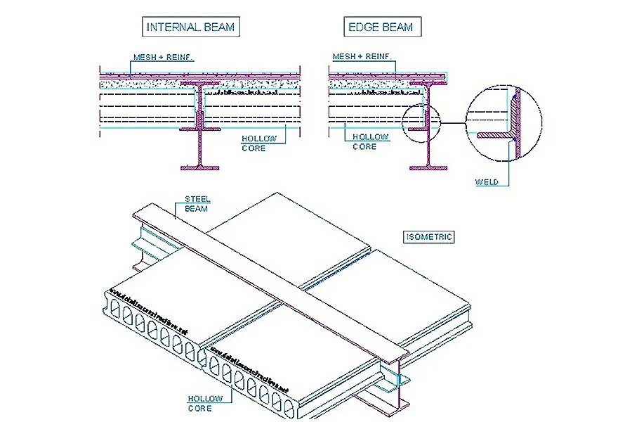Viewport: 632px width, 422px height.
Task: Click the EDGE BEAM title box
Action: point(381,27)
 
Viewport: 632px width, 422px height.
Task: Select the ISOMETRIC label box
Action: point(429,237)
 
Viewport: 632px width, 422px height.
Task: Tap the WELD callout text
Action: point(487,182)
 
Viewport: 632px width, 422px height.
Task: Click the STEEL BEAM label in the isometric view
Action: point(197,204)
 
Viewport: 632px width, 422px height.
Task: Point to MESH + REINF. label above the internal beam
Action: point(164,57)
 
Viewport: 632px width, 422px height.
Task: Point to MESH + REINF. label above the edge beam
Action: point(362,57)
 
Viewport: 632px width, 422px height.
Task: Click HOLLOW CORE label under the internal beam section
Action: point(259,143)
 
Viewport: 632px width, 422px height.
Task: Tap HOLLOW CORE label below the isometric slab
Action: point(205,403)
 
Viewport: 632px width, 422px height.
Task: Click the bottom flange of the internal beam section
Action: point(200,167)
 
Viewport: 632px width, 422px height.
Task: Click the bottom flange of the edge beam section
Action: point(428,167)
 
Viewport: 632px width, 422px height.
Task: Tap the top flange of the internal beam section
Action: point(200,84)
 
